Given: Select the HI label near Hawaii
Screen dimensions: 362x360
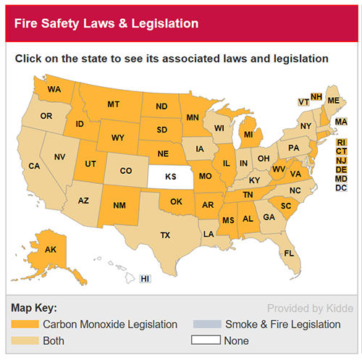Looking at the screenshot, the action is tap(145, 279).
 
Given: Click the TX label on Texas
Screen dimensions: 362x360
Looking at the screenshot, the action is tap(165, 235).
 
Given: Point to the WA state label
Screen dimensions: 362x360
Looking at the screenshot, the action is tap(54, 90).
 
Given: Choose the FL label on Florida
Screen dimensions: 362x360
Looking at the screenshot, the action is tap(289, 253).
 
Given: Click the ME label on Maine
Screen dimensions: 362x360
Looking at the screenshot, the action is tap(333, 100).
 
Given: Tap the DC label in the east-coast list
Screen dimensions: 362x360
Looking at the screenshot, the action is tap(341, 188).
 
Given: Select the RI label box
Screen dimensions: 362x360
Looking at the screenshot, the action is tap(341, 143).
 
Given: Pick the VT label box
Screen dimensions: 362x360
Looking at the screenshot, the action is tap(303, 102).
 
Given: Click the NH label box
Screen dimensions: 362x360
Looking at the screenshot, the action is tap(316, 96).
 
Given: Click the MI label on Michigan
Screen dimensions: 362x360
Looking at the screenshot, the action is tap(248, 135).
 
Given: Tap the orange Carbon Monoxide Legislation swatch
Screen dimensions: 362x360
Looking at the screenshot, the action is tap(25, 324).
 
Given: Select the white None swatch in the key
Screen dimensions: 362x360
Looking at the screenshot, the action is tap(206, 340).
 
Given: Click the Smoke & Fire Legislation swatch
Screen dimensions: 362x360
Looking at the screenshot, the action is tap(206, 324).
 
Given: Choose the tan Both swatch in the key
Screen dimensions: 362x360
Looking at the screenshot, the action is tap(25, 340).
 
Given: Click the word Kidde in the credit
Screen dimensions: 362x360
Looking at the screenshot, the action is tap(336, 307).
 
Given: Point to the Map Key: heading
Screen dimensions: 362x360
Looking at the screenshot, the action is tap(33, 307).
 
